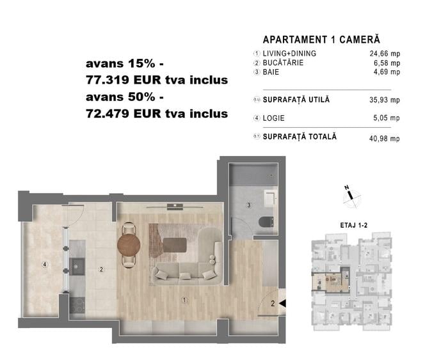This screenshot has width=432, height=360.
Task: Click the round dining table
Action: click(x=129, y=245)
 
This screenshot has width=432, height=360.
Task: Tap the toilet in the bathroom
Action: click(x=267, y=222)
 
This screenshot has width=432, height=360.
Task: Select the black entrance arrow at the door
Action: click(x=282, y=303)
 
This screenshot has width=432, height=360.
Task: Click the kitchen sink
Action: click(x=77, y=267)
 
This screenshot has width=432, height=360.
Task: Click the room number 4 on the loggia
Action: click(x=45, y=265)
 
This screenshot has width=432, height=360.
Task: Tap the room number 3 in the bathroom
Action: click(x=249, y=205)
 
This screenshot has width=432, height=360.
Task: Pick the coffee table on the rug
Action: click(x=175, y=245)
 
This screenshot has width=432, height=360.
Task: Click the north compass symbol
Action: click(x=351, y=197)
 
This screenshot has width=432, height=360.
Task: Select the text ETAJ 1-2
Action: click(x=354, y=225)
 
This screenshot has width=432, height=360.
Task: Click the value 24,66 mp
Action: click(x=385, y=54)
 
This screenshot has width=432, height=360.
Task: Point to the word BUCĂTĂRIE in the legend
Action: click(x=283, y=63)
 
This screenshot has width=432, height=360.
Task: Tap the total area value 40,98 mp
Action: click(x=385, y=138)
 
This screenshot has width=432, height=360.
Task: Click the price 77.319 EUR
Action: click(x=124, y=80)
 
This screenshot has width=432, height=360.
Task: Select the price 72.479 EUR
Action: click(x=124, y=114)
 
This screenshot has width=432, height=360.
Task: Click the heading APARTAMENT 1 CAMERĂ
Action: click(x=321, y=40)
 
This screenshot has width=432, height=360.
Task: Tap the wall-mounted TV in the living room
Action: click(x=175, y=207)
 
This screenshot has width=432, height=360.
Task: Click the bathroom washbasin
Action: click(x=269, y=198)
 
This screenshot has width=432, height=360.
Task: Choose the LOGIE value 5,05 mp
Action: click(x=387, y=118)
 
